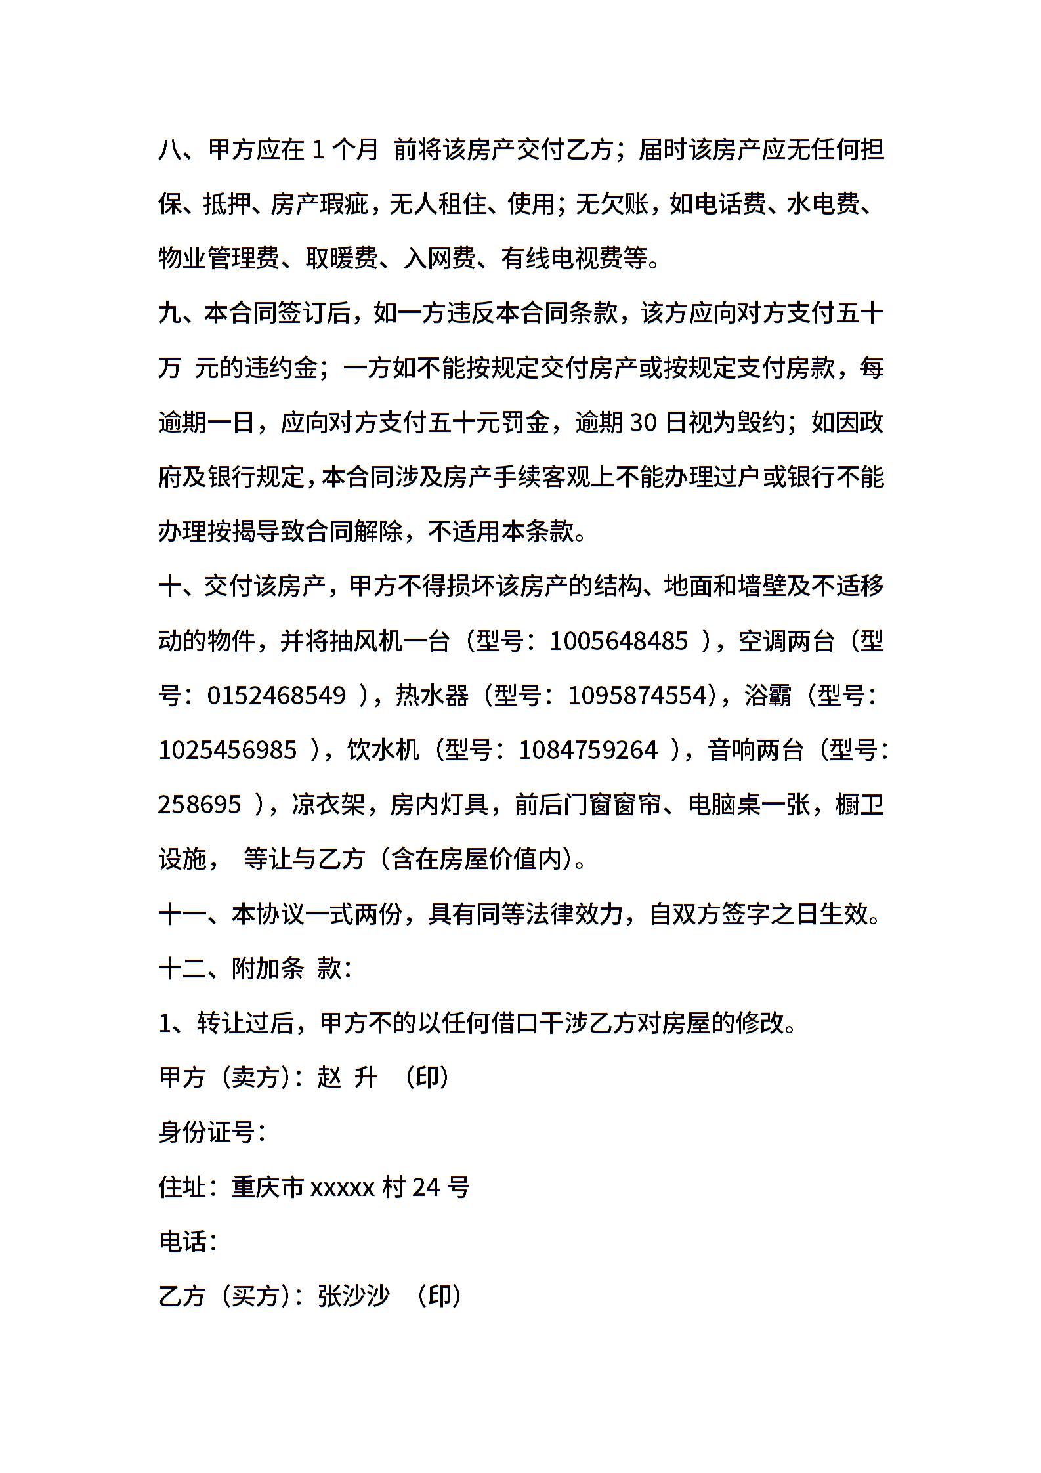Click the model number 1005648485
pyautogui.click(x=618, y=641)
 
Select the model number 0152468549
pyautogui.click(x=276, y=695)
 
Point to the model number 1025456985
pyautogui.click(x=227, y=750)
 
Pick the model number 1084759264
pyautogui.click(x=587, y=750)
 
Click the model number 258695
pyautogui.click(x=200, y=804)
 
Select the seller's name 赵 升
pyautogui.click(x=347, y=1077)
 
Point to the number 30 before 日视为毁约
pyautogui.click(x=643, y=423)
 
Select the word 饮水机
pyautogui.click(x=383, y=750)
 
